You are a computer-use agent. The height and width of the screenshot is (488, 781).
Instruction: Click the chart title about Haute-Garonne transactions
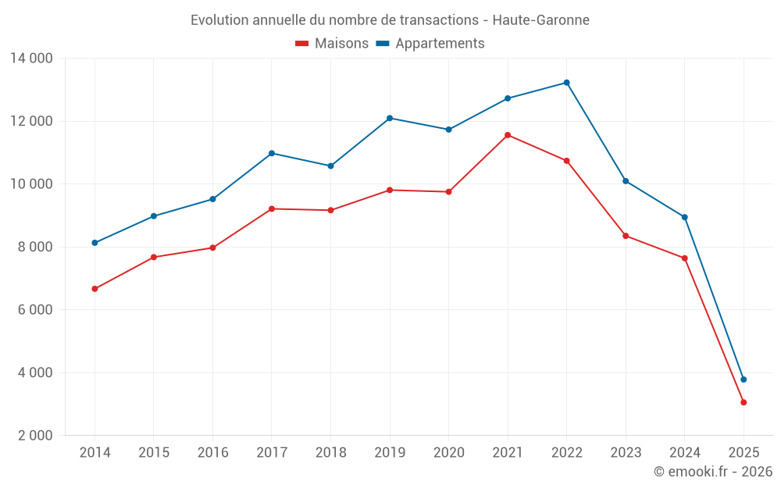click(x=390, y=20)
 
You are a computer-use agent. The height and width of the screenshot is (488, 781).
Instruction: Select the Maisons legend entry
click(x=332, y=44)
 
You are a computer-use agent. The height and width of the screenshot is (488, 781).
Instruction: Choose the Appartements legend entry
click(x=430, y=44)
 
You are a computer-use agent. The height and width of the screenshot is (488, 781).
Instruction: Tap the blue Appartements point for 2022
click(x=566, y=83)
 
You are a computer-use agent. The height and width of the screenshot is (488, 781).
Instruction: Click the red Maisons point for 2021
click(x=508, y=135)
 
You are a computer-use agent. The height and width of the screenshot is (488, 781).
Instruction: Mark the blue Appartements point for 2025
click(x=744, y=379)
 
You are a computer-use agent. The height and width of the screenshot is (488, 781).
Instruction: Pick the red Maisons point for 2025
click(x=744, y=402)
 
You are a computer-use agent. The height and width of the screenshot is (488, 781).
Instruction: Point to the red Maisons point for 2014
click(x=95, y=289)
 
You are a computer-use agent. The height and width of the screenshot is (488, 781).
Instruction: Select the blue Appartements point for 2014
click(x=95, y=243)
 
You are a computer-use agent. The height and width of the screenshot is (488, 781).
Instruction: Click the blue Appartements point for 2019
click(x=390, y=118)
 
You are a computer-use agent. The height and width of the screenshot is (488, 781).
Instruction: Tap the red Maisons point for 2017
click(x=272, y=208)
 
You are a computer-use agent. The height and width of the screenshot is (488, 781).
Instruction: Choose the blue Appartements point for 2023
click(x=626, y=181)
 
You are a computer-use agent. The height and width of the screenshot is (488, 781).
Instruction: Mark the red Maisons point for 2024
click(x=685, y=258)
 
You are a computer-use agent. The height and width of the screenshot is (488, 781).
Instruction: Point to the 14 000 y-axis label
click(x=31, y=59)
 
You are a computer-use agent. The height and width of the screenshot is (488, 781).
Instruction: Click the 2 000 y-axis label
click(x=31, y=436)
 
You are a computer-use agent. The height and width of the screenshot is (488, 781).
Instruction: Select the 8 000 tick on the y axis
click(x=31, y=247)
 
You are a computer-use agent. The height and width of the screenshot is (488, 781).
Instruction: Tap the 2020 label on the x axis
click(x=448, y=453)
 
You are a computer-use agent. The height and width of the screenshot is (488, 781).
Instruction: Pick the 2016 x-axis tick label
click(x=212, y=453)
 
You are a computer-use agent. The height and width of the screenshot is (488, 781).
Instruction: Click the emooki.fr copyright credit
click(x=712, y=472)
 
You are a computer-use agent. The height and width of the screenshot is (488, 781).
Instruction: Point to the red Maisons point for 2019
click(x=390, y=190)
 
